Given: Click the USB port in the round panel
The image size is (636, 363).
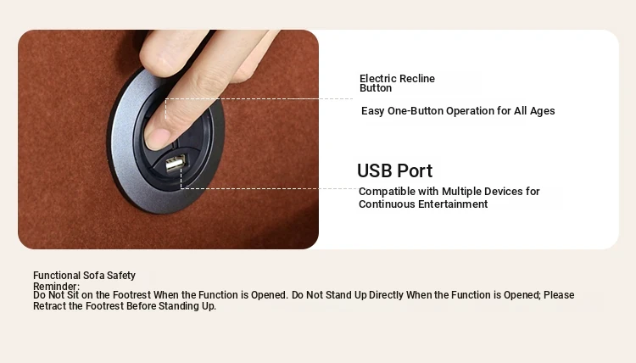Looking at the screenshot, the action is pos(176,164).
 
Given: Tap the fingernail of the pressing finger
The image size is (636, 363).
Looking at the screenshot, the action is pos(156,139).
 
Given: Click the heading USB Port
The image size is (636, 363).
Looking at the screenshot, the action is pos(394,170).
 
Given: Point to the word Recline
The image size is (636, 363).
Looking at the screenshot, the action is pos(414,79).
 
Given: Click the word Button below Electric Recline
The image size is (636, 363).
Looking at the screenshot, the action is pos(376,88).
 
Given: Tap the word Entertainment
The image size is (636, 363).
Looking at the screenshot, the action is pos(453,204).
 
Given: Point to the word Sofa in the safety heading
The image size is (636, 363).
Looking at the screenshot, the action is pos(94,276).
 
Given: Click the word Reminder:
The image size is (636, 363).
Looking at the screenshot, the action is pos(56,287).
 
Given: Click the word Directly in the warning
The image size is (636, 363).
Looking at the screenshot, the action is pos(386,295).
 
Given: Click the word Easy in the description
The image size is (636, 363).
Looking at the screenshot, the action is pos(373,111).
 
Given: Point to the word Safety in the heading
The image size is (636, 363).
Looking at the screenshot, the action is pos(121,276).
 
